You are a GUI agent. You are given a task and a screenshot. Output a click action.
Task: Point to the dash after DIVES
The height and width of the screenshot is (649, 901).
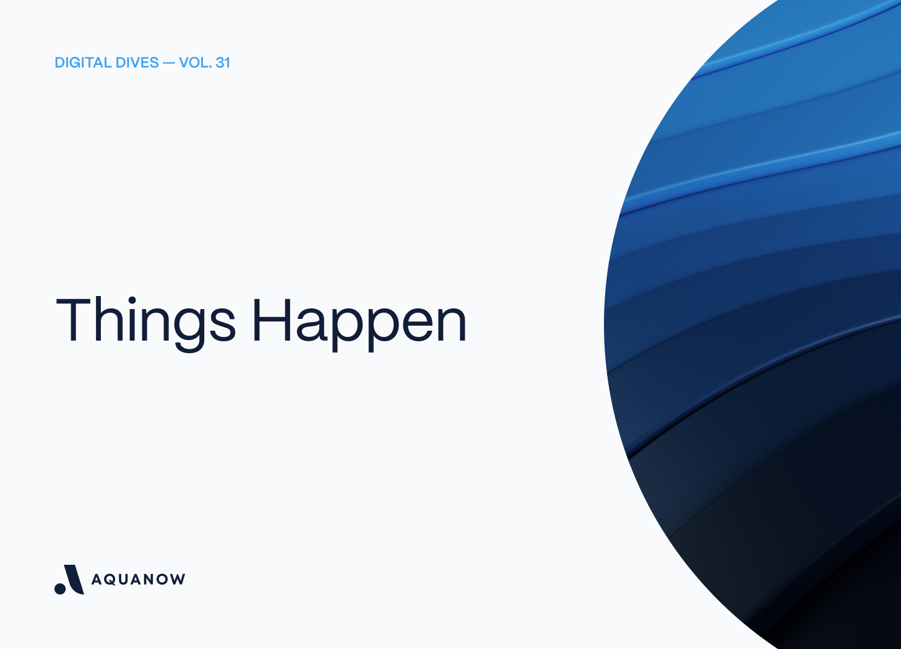[168, 63]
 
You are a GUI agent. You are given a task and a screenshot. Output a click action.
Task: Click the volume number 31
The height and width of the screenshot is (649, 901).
[223, 63]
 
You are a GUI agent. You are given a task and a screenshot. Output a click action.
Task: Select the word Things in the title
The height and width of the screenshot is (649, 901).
[145, 320]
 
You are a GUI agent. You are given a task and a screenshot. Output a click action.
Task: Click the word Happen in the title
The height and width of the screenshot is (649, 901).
[359, 320]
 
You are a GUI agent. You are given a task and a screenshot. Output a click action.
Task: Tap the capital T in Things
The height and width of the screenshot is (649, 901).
[74, 319]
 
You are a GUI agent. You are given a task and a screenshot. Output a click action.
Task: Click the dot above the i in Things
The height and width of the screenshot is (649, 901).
[132, 300]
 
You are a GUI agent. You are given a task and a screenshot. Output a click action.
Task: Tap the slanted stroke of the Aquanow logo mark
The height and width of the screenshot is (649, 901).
[74, 578]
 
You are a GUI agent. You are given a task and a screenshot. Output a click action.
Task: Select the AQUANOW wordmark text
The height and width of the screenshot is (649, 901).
[138, 580]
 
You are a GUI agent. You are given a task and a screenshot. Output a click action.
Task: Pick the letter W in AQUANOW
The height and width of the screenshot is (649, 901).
[178, 580]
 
